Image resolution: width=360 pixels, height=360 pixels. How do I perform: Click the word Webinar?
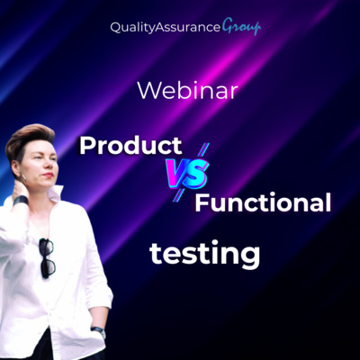188,91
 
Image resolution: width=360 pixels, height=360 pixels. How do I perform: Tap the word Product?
130,146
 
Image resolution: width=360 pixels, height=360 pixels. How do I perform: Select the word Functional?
263,202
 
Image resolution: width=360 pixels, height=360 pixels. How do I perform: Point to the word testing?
205,255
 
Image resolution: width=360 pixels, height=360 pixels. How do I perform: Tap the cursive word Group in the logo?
241,28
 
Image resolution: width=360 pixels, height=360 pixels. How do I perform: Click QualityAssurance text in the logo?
166,28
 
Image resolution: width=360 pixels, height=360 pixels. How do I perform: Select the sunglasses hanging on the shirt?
47,258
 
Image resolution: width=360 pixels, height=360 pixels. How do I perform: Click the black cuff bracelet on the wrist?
21,201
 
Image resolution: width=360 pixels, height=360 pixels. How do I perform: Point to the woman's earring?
23,178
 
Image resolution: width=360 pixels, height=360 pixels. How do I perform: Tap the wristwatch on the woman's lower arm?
99,331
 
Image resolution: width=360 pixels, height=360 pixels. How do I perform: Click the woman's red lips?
49,175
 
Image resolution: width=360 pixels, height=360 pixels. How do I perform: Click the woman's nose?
51,165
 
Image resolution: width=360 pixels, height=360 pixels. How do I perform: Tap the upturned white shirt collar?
56,193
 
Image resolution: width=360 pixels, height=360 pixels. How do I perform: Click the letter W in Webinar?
148,91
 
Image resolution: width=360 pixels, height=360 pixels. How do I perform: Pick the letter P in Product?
86,146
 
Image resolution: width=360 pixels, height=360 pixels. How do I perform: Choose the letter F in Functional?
202,202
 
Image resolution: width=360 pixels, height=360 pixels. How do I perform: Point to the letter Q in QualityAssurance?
115,28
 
